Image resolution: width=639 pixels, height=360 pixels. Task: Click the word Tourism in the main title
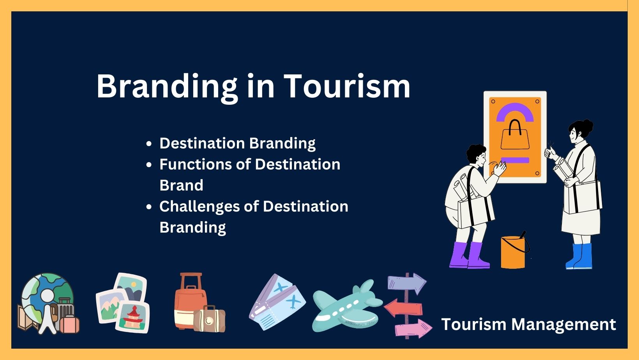pyautogui.click(x=347, y=86)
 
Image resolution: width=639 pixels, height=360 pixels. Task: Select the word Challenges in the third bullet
pyautogui.click(x=199, y=206)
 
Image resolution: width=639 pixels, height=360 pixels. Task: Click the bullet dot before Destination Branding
pyautogui.click(x=148, y=144)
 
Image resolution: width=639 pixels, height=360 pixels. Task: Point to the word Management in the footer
pyautogui.click(x=563, y=325)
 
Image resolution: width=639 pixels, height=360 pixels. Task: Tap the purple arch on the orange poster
pyautogui.click(x=515, y=111)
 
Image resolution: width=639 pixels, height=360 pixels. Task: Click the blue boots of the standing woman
pyautogui.click(x=579, y=256)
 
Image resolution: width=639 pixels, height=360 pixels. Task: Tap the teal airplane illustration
pyautogui.click(x=348, y=306)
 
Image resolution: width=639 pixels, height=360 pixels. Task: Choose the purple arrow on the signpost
pyautogui.click(x=407, y=283)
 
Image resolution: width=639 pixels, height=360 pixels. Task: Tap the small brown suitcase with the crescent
pyautogui.click(x=210, y=319)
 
